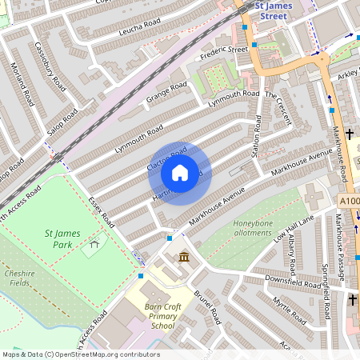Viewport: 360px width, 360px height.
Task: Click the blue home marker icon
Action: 180,173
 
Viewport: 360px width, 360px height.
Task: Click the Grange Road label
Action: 166,94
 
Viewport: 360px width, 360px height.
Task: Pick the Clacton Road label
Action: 167,158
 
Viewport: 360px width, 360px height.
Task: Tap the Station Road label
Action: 257,135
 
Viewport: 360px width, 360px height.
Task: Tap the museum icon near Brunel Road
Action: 185,257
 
